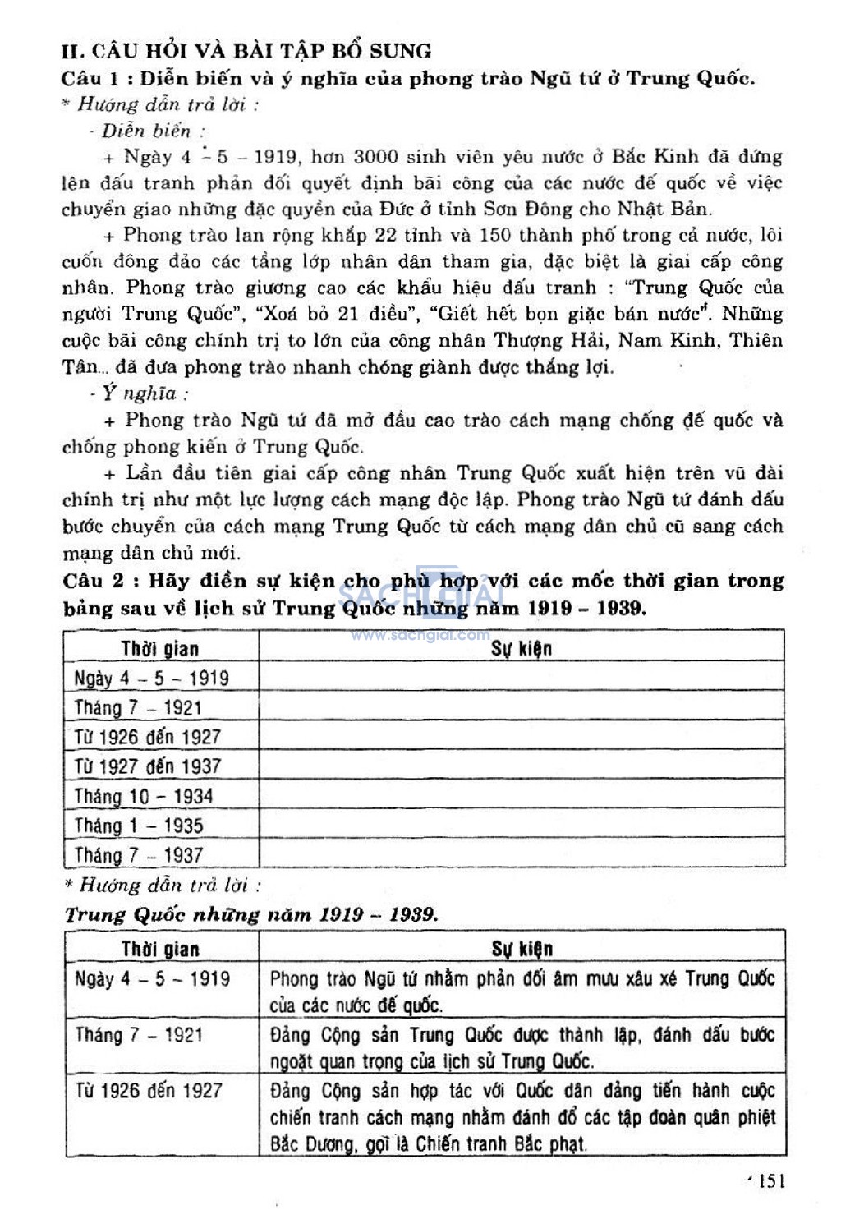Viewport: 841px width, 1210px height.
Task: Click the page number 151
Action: (x=771, y=1180)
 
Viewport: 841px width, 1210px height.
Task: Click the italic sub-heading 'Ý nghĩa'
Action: (x=140, y=393)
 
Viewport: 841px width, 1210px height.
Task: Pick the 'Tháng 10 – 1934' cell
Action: (x=144, y=796)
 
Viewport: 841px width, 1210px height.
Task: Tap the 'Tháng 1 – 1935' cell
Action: (x=139, y=826)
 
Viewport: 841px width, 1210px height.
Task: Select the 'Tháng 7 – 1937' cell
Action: (x=139, y=855)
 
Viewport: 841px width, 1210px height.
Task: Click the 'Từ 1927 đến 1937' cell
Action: (x=148, y=766)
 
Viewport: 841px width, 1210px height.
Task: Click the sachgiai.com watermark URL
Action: (x=420, y=635)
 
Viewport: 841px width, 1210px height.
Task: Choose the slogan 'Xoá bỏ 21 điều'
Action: (x=338, y=314)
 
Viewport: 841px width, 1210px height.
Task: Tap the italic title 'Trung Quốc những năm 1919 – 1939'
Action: (x=251, y=915)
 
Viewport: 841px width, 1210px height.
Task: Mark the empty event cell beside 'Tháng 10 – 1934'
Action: (x=522, y=796)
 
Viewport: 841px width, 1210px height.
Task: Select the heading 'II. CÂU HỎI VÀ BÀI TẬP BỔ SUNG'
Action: (x=246, y=51)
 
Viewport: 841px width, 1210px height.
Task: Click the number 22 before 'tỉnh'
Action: (x=385, y=235)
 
